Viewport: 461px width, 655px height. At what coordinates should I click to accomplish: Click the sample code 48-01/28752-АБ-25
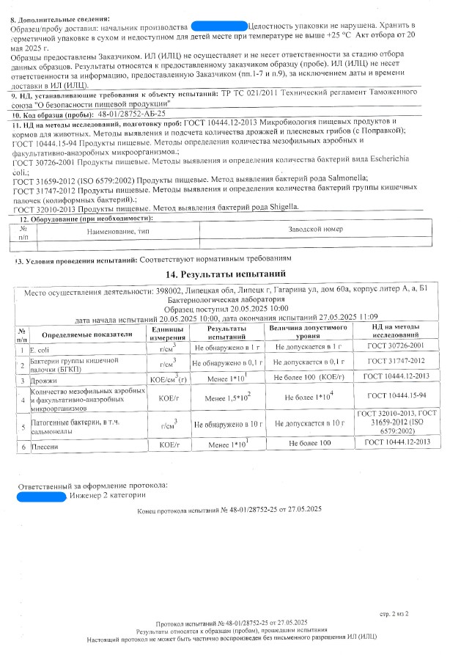click(133, 114)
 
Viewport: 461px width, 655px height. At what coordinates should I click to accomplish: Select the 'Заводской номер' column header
click(315, 230)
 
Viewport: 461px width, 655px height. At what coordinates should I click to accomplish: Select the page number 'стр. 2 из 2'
click(394, 611)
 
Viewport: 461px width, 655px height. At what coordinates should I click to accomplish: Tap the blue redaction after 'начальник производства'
click(218, 26)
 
